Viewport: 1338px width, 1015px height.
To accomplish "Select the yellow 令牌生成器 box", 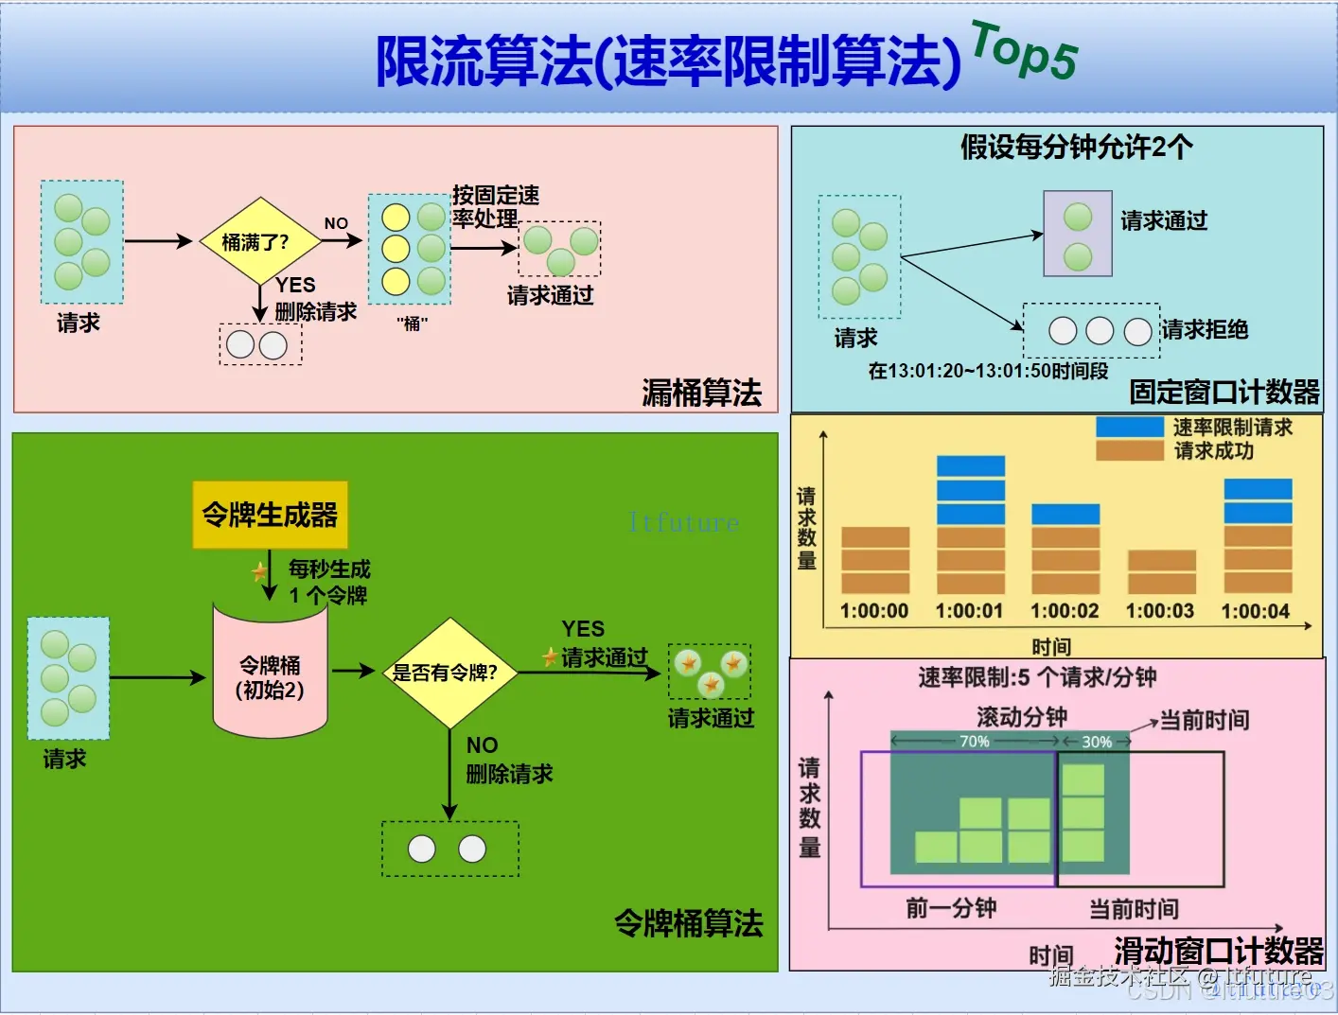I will pos(270,515).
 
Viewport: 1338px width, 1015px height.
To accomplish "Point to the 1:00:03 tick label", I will pos(1160,611).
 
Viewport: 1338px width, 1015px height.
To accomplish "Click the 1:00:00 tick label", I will pos(874,611).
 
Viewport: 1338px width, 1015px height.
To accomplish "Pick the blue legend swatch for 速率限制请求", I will pos(1129,427).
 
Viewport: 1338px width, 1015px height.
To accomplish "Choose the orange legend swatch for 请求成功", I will pos(1129,450).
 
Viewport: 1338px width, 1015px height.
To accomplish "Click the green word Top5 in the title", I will pos(1024,52).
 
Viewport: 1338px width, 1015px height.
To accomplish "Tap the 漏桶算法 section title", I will pos(701,392).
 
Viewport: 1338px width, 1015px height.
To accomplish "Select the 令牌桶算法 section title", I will pos(688,922).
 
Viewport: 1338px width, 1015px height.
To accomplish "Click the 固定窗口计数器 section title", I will pos(1224,391).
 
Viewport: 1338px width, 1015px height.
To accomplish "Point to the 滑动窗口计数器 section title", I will pos(1218,950).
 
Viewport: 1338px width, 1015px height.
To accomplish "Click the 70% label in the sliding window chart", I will pos(975,742).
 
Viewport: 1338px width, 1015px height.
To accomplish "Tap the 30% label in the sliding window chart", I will pos(1097,742).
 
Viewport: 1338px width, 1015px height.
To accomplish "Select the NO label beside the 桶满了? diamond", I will pos(336,223).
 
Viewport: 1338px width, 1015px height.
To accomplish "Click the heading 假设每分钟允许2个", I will pos(1076,147).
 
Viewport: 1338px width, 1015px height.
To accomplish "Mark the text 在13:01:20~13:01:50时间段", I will pos(988,370).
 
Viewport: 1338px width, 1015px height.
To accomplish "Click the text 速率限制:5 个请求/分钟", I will pos(1037,677).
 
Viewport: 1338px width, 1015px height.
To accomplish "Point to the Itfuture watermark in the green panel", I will pos(683,522).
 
